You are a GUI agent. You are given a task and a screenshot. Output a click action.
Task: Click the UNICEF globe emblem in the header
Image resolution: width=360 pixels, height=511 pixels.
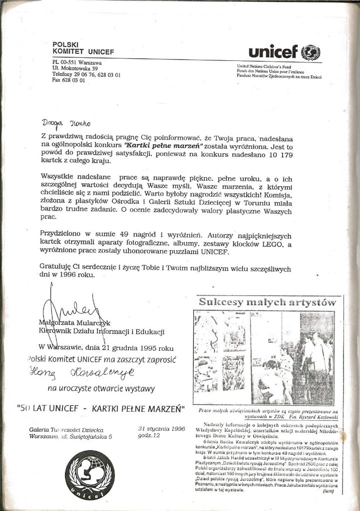tap(311, 52)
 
